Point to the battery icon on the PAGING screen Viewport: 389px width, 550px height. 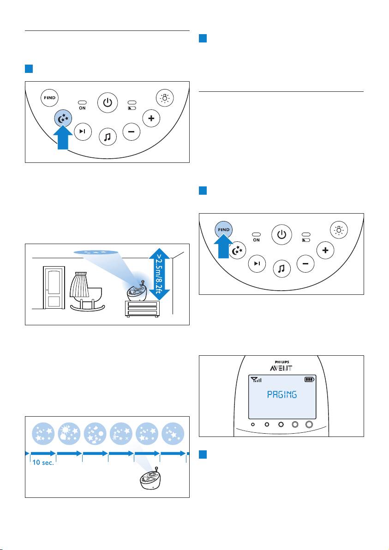point(308,380)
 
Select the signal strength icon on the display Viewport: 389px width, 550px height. point(256,380)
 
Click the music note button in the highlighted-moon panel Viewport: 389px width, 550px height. point(107,137)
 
